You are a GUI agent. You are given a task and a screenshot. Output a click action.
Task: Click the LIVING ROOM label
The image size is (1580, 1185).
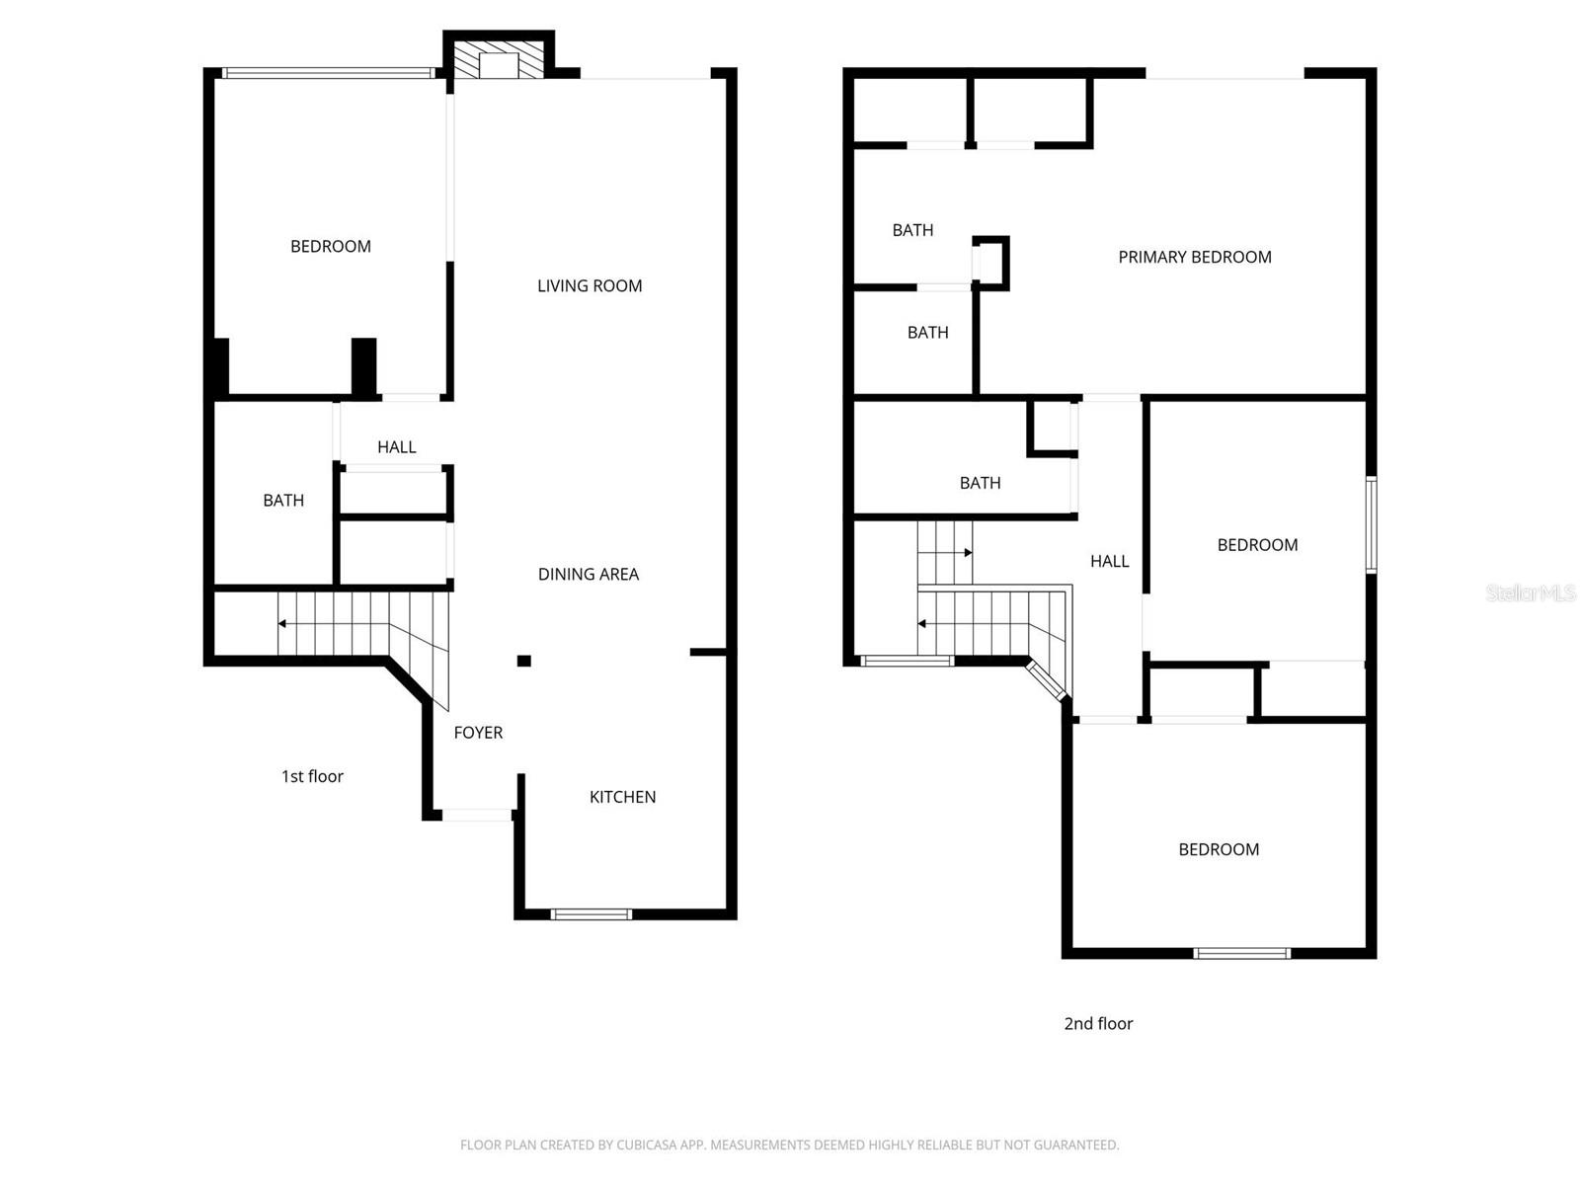tap(590, 286)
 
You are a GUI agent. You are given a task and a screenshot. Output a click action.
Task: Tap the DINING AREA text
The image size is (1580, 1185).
tap(588, 575)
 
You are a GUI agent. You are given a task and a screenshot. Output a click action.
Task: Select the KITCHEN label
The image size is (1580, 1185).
tap(622, 797)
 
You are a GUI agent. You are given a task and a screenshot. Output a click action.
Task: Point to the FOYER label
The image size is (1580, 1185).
tap(478, 733)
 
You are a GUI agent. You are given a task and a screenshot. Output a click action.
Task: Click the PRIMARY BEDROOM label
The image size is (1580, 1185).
tap(1194, 258)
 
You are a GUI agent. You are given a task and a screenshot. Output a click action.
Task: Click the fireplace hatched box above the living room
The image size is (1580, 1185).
tap(499, 58)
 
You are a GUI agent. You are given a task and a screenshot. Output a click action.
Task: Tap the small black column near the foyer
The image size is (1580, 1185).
tap(524, 661)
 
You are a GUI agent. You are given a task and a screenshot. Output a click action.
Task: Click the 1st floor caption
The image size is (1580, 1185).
tap(312, 776)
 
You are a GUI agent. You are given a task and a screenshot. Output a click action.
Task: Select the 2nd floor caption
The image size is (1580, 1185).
tap(1098, 1024)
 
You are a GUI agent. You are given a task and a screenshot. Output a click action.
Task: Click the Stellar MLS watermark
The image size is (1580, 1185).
tap(1531, 592)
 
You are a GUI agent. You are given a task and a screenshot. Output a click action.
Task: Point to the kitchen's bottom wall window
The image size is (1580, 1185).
tap(591, 913)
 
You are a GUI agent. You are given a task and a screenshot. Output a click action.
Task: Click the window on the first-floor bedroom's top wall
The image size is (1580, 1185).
tap(328, 73)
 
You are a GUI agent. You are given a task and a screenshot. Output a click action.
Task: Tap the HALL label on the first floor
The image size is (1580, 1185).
tap(396, 447)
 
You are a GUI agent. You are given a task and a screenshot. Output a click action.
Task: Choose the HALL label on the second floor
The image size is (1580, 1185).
tap(1109, 562)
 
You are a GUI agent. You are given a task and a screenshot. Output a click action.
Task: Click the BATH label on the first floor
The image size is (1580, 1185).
tap(283, 501)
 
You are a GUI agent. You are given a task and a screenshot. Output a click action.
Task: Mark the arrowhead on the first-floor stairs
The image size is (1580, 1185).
tap(282, 624)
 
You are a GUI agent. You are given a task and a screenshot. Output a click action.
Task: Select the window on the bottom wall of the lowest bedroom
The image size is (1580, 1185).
tap(1241, 953)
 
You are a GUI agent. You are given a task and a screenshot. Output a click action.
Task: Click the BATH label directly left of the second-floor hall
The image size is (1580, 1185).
tap(980, 483)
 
